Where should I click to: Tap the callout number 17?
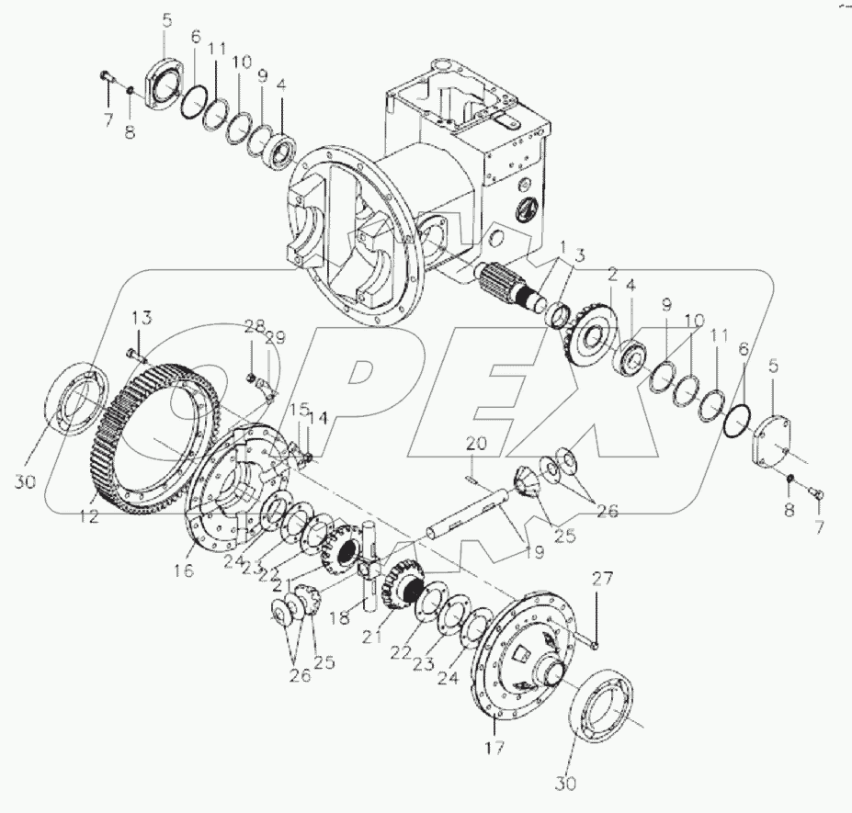[x=494, y=748]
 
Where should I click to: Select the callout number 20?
[x=473, y=444]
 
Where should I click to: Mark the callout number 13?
[x=141, y=318]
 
